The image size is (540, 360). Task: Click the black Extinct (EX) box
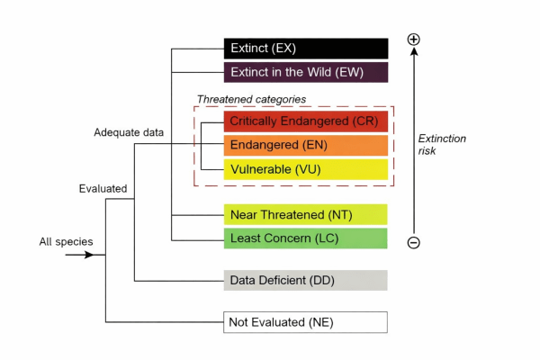pos(305,48)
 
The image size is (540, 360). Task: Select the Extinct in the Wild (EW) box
pos(305,73)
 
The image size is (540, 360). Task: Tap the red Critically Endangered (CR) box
pos(305,121)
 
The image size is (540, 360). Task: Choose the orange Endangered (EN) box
pos(305,145)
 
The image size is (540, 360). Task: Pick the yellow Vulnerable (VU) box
pos(305,169)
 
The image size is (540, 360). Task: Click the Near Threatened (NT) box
pos(305,214)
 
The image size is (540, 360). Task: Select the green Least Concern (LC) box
pos(305,238)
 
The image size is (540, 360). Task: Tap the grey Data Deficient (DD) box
pos(305,280)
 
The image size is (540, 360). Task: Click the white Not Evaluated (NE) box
pos(305,321)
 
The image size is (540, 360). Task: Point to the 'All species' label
pos(66,241)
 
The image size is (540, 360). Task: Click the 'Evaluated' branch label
pos(102,189)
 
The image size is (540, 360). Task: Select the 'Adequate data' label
pos(129,132)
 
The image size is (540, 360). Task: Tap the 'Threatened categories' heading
pos(252,99)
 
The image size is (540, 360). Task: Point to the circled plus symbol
pos(413,40)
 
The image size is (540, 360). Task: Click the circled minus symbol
pos(413,242)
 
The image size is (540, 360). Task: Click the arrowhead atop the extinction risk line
pos(413,53)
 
